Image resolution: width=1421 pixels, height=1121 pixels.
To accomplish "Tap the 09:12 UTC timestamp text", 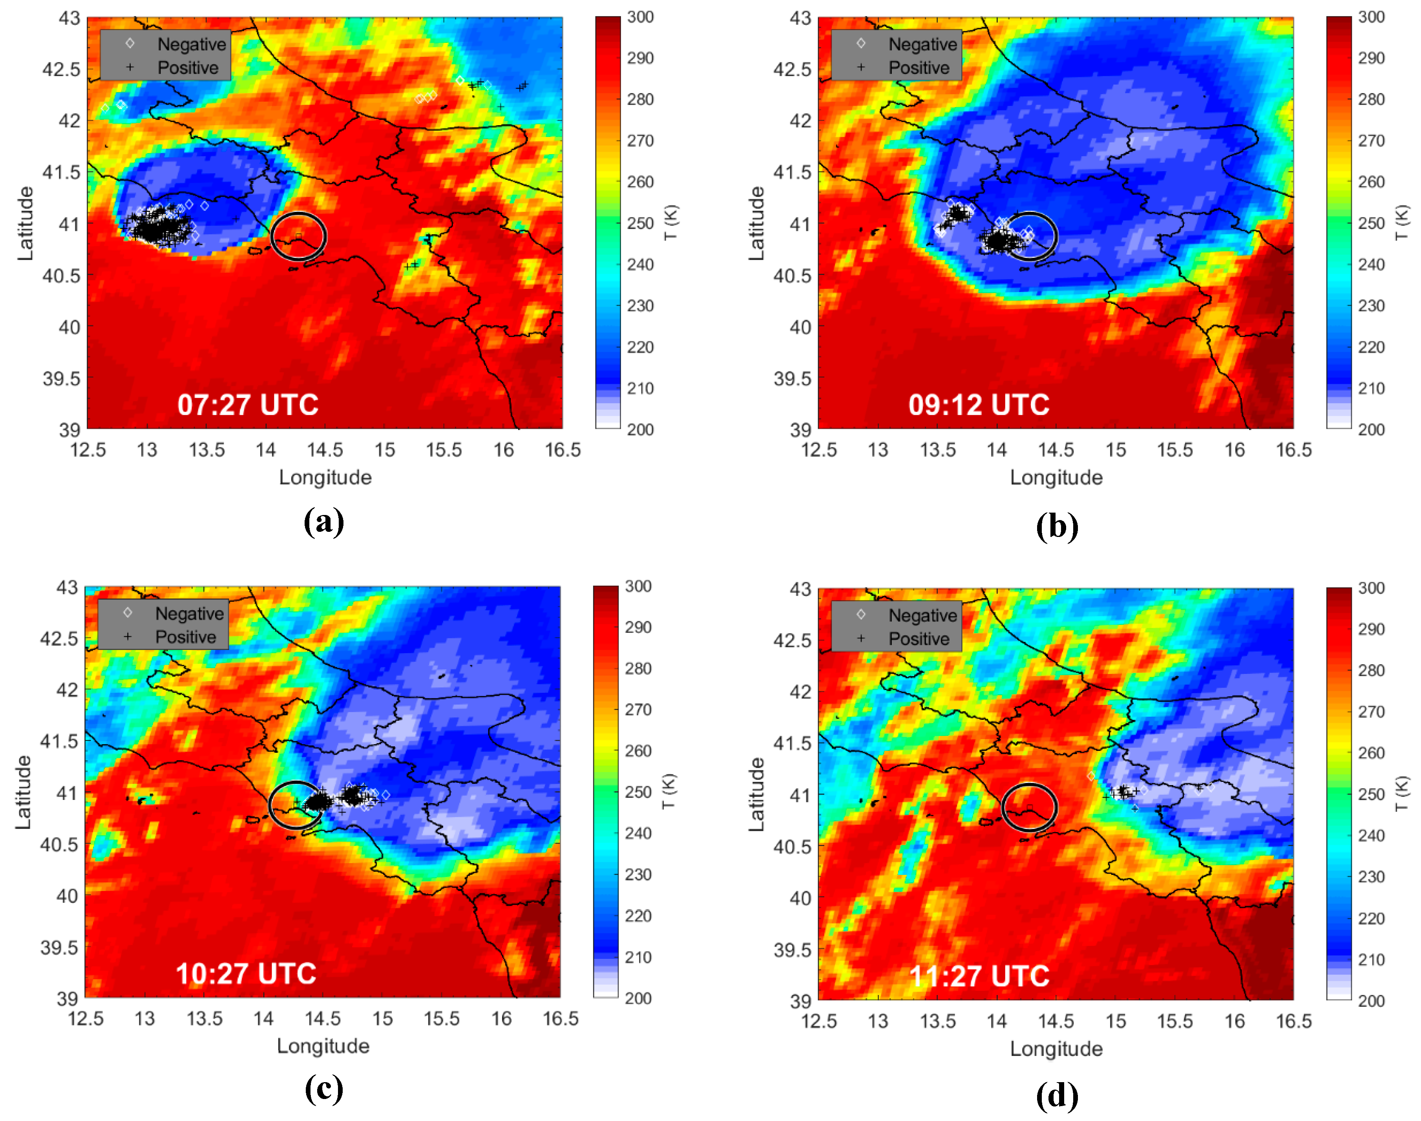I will coord(979,405).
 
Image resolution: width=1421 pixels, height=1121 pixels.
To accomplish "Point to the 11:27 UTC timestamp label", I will coord(979,976).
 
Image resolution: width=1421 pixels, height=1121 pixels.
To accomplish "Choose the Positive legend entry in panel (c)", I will coord(185,637).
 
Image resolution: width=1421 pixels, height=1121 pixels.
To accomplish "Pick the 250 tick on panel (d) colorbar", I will coord(1371,794).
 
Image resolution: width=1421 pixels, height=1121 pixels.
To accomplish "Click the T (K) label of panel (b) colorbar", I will coord(1402,223).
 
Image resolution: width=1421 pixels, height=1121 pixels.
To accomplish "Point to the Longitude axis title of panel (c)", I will coord(323,1046).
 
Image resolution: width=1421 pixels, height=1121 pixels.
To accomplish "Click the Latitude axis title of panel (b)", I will coord(757,223).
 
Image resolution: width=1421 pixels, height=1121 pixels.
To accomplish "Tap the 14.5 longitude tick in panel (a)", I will coord(325,450).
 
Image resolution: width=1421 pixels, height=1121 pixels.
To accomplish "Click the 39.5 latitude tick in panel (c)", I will coord(59,947).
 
